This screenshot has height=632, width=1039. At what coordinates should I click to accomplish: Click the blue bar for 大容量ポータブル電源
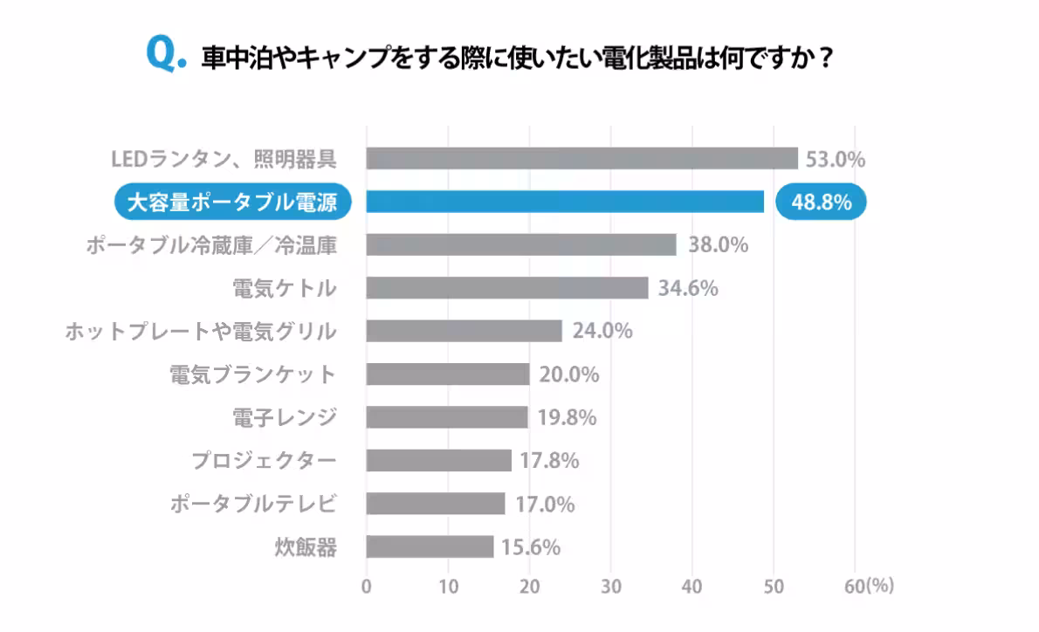(565, 202)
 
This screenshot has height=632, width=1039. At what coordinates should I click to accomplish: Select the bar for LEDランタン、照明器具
(581, 158)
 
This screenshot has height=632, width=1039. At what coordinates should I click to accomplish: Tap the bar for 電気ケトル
(506, 287)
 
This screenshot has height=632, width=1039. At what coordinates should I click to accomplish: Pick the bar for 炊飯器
(430, 546)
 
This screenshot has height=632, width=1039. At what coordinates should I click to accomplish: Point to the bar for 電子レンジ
(447, 417)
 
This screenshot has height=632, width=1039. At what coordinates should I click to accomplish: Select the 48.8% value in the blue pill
(822, 203)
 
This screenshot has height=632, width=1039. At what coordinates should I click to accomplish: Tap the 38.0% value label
(719, 244)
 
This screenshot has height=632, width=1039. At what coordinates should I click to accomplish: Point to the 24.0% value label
(602, 331)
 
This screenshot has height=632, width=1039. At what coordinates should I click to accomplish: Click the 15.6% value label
(530, 547)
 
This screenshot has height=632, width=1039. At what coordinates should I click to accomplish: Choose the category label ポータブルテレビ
(253, 504)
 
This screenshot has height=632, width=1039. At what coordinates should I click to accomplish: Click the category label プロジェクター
(265, 460)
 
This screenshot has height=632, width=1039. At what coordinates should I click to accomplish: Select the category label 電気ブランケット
(253, 374)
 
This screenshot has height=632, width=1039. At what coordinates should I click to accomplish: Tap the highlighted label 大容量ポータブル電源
(232, 203)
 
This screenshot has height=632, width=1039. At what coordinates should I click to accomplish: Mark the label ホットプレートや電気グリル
(201, 331)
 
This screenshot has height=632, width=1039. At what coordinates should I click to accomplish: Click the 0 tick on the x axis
(367, 586)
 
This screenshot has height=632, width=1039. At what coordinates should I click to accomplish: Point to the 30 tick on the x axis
(611, 586)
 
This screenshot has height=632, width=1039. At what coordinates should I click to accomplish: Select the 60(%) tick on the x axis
(869, 586)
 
